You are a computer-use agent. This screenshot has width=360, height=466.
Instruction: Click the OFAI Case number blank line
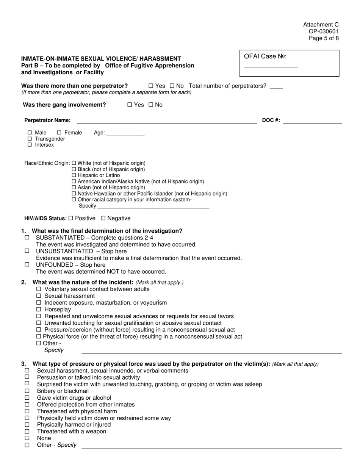pos(271,67)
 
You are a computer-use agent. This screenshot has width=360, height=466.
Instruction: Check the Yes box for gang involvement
pos(130,105)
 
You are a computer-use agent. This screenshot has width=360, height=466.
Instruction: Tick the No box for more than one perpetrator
pos(172,86)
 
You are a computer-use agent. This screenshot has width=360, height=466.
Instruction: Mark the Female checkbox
pos(59,133)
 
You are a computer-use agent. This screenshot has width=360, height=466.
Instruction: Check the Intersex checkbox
pos(30,145)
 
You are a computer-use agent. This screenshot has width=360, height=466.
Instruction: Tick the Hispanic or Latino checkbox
pos(74,175)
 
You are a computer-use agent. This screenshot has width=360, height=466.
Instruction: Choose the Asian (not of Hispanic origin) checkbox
pos(74,188)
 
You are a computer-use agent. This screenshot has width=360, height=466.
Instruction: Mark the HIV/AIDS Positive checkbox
pos(71,218)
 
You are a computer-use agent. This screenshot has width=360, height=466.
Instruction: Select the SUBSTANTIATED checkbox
pos(27,237)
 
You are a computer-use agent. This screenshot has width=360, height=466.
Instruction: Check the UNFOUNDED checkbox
pos(27,264)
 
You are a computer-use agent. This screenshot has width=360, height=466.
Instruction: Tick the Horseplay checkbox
pos(39,310)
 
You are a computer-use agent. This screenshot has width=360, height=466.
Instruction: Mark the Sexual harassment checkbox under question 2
pos(39,296)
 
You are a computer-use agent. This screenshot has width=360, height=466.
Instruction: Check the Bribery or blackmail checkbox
pos(27,391)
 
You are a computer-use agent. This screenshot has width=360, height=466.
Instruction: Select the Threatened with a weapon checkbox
pos(27,431)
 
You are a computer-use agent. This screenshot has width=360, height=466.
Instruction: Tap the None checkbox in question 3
pos(27,438)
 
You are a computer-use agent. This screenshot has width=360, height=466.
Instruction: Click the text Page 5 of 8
pos(324,38)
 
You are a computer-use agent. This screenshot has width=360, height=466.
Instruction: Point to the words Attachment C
pos(321,25)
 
